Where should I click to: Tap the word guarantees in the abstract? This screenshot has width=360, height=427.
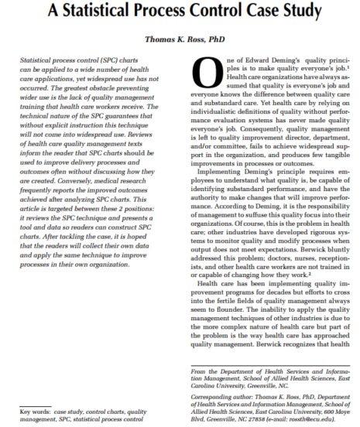pyautogui.click(x=137, y=117)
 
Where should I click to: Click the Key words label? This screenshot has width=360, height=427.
pyautogui.click(x=35, y=412)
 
